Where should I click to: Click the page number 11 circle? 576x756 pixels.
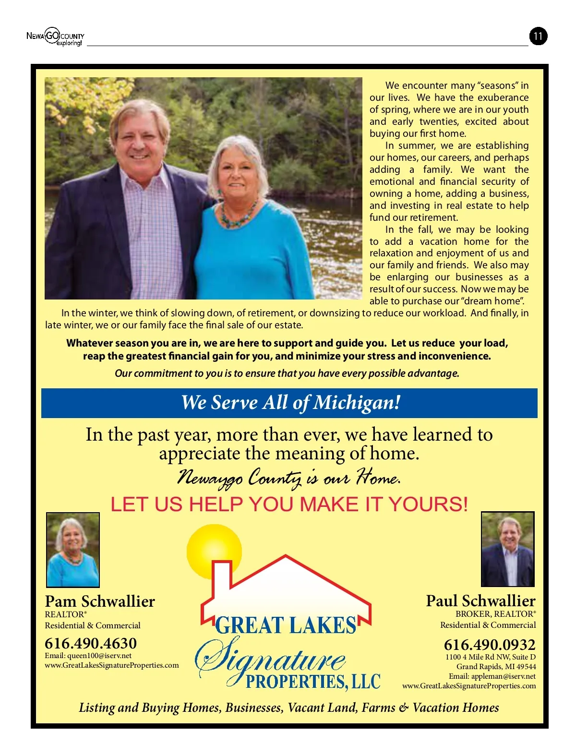[538, 36]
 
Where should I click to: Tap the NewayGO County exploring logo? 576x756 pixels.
[55, 36]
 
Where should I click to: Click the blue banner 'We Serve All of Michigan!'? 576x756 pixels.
[289, 403]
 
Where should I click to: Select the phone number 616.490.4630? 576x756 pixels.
[91, 643]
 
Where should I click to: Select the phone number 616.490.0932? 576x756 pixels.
[489, 644]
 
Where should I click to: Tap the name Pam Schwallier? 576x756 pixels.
[100, 601]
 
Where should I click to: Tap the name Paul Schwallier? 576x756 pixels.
[480, 601]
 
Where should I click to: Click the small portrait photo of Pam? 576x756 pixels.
[73, 550]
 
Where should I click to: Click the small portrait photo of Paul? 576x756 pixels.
[507, 549]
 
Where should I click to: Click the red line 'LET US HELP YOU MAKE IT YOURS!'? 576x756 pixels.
[289, 504]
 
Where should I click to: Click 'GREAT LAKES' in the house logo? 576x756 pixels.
[286, 625]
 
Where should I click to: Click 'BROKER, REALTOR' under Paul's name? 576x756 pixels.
[495, 614]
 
